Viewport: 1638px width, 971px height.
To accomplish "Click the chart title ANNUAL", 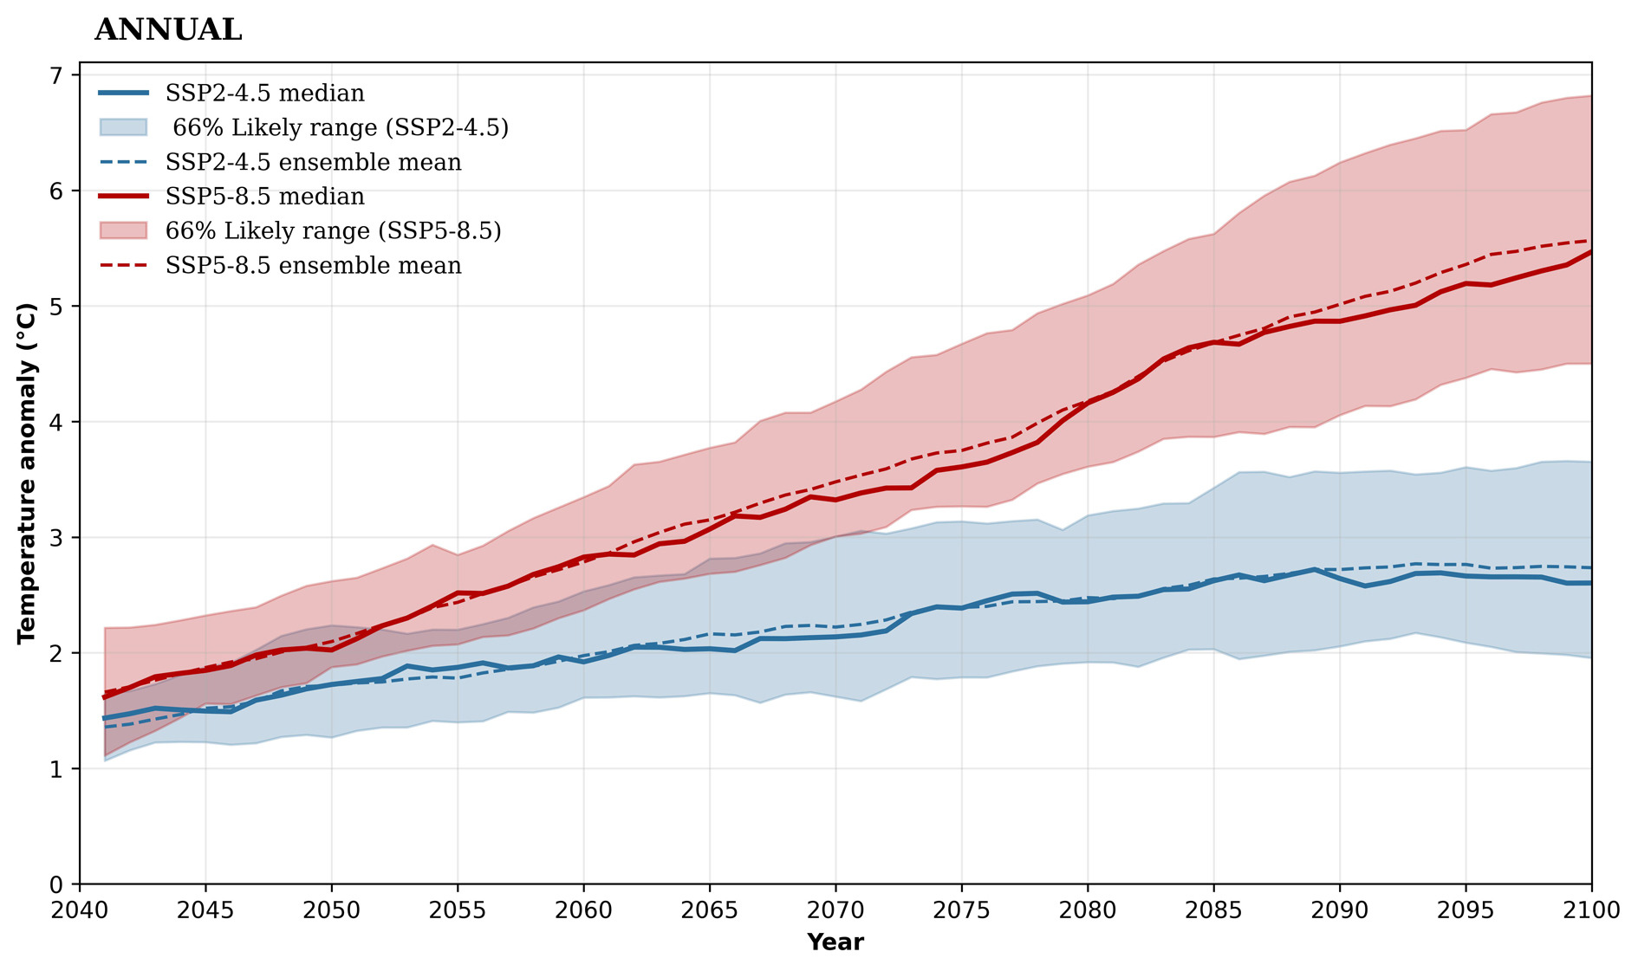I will coord(168,30).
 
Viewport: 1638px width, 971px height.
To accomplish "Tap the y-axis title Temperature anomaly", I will coord(28,473).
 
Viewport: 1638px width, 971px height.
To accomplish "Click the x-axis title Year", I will coord(835,942).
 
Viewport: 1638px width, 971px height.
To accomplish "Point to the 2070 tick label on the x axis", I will coord(835,911).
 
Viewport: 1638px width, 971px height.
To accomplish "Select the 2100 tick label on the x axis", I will coord(1591,911).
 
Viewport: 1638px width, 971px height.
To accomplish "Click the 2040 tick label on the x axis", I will coord(80,911).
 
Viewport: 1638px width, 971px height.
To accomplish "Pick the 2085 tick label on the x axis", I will coord(1213,911).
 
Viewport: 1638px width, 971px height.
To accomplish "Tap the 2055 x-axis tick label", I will coord(458,911).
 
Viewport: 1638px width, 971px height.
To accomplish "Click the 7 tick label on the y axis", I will coord(57,75).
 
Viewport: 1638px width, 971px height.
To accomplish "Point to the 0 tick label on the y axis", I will coord(57,884).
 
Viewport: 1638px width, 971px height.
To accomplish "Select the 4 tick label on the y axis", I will coord(57,422).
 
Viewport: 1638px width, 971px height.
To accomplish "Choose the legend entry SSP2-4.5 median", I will coord(264,93).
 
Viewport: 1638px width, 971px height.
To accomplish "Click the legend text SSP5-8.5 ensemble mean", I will coord(313,265).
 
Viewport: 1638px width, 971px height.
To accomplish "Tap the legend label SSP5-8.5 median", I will coord(264,197).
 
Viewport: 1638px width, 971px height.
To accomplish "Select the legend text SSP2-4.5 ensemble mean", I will coord(313,162).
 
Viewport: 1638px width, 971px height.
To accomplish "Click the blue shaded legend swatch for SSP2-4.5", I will coord(123,127).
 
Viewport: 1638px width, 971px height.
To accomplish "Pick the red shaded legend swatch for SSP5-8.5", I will coord(123,230).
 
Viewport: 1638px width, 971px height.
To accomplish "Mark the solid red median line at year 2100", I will coord(1589,252).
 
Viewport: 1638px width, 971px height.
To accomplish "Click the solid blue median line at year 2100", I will coord(1589,583).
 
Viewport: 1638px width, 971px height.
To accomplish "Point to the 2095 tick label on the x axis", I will coord(1466,911).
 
